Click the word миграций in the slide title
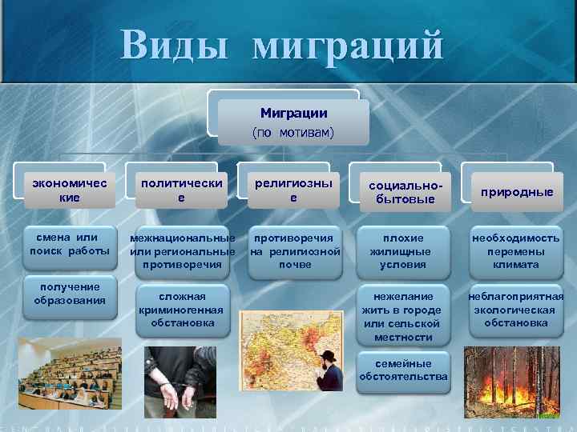click(347, 46)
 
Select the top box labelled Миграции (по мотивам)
click(293, 122)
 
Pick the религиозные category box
click(293, 190)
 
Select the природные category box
click(517, 192)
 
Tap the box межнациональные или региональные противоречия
click(183, 251)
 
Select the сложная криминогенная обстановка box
click(181, 310)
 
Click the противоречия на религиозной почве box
click(295, 251)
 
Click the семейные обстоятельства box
click(404, 370)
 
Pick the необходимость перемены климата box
click(517, 251)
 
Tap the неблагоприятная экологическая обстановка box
click(517, 310)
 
